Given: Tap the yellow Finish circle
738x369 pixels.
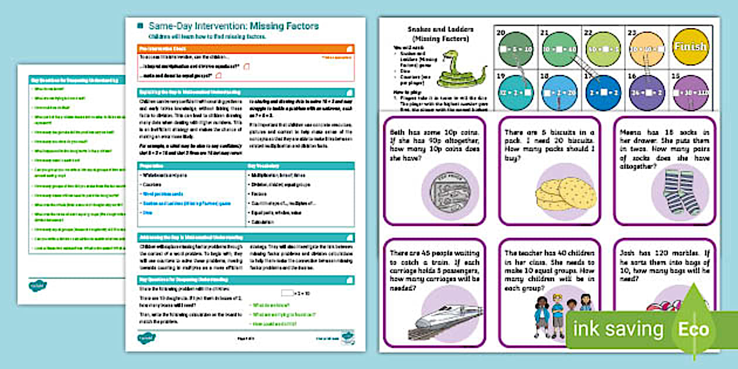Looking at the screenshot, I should point(690,47).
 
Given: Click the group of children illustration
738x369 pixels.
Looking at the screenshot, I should point(561,317).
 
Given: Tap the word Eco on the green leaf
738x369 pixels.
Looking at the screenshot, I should point(693,329).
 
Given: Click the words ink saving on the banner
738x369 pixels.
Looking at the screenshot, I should point(618,329).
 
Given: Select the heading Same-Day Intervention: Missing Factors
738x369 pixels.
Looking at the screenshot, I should point(233,26).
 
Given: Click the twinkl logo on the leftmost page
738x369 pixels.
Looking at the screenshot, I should point(37,286).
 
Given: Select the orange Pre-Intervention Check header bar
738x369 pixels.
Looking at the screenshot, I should point(245,49).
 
